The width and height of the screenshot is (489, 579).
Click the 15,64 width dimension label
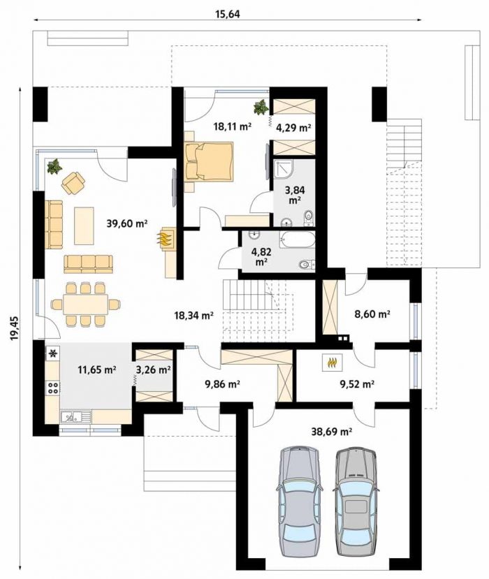point(228,14)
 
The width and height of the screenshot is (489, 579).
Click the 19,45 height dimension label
point(14,329)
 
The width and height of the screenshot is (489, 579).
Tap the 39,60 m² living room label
point(126,223)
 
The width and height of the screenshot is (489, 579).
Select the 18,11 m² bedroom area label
point(233,126)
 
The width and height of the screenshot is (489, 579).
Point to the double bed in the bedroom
point(210,162)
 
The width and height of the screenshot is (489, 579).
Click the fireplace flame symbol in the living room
point(166,237)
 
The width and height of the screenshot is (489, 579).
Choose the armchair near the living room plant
point(73,183)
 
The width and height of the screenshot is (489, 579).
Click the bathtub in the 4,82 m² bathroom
point(298,241)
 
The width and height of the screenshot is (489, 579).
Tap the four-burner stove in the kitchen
point(53,388)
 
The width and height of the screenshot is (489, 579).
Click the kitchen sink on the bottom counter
point(75,417)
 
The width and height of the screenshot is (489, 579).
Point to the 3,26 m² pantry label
point(153,369)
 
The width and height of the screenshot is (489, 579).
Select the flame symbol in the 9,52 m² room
point(333,362)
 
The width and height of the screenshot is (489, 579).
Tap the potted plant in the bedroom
point(261,107)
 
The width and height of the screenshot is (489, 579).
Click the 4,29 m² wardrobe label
point(293,128)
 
